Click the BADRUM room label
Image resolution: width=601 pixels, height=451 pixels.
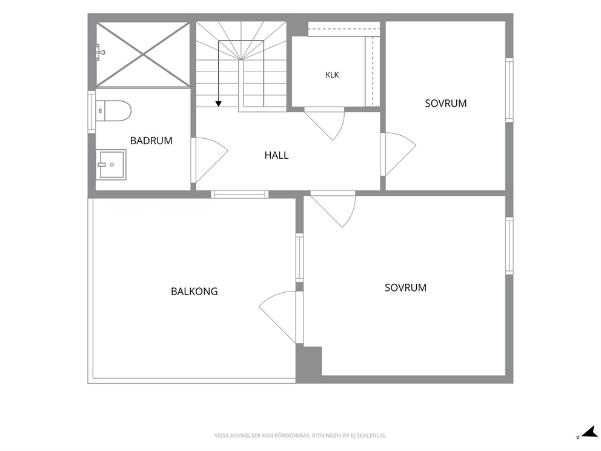coord(151,141)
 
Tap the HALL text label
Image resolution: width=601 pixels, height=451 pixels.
coord(276,155)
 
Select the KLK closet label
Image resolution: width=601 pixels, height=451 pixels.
coord(333,75)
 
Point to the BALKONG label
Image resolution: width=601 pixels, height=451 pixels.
coord(194,292)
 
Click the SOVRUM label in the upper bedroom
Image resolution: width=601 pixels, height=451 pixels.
coord(446,104)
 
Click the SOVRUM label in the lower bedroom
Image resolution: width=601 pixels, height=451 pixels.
coord(405,287)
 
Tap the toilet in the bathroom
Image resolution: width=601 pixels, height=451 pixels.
coord(113,111)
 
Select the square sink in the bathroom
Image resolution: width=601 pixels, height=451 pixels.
coord(111,164)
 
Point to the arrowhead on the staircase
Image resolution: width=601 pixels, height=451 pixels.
coord(219,104)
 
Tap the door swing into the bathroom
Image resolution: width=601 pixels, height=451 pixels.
coord(212,159)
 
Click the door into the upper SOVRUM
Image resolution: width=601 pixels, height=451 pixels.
coord(400,153)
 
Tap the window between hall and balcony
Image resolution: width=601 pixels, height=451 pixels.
coord(239,195)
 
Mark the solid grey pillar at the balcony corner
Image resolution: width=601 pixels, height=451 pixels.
coord(308,364)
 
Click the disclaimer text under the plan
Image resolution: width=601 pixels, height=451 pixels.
coord(300,436)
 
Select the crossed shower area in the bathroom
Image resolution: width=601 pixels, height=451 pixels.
coord(143,55)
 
